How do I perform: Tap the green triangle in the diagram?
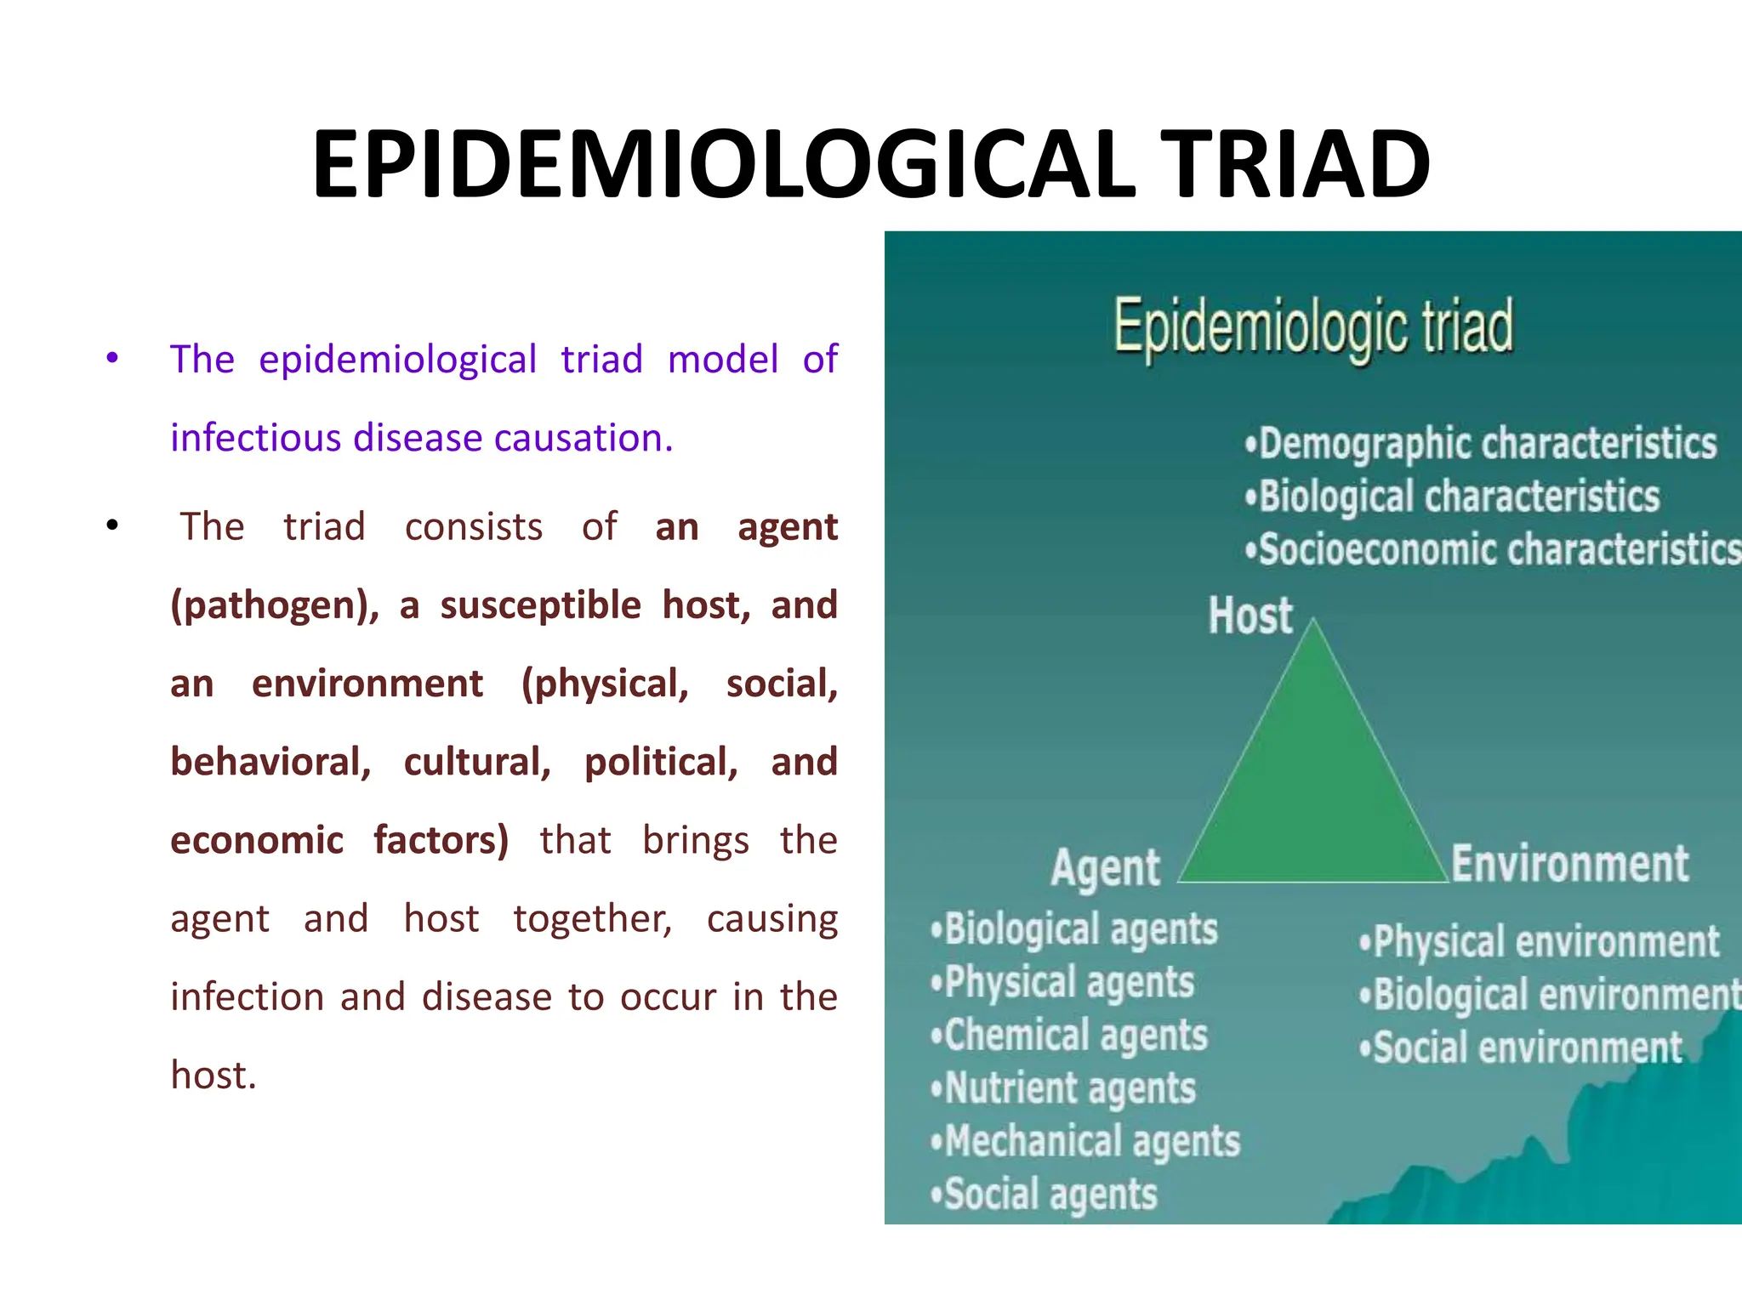tap(1314, 782)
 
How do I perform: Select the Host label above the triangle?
tap(1250, 616)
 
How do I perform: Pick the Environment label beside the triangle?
tap(1569, 864)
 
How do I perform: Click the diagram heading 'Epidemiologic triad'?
tap(1314, 327)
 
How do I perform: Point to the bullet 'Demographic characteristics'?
tap(1480, 444)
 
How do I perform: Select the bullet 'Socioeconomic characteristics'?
tap(1493, 549)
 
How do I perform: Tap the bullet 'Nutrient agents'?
tap(1064, 1088)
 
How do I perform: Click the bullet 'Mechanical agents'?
tap(1086, 1141)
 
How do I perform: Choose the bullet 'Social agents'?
tap(1045, 1194)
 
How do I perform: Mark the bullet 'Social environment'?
tap(1521, 1048)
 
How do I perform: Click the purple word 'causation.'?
tap(584, 439)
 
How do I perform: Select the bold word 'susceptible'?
tap(540, 605)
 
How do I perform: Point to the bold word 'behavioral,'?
tap(270, 762)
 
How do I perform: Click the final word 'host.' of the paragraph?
tap(213, 1075)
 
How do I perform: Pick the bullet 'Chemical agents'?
tap(1070, 1036)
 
